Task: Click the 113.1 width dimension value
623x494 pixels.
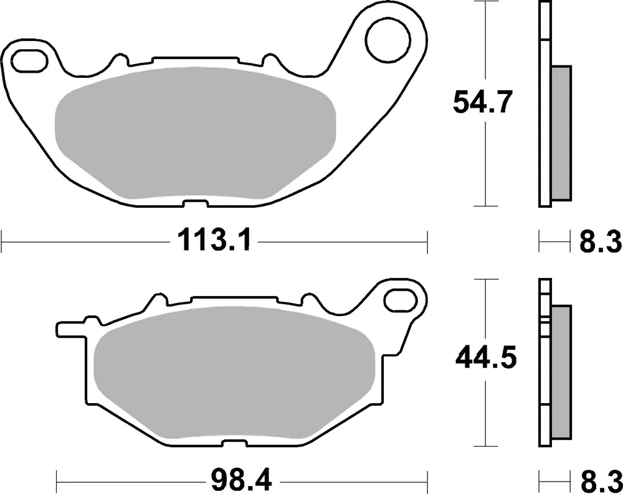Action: coord(214,240)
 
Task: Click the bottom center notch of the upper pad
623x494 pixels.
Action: coord(196,203)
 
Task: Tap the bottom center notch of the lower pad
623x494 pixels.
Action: coord(234,443)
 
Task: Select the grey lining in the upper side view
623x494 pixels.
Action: coord(561,134)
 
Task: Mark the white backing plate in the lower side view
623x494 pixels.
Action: coord(544,373)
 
